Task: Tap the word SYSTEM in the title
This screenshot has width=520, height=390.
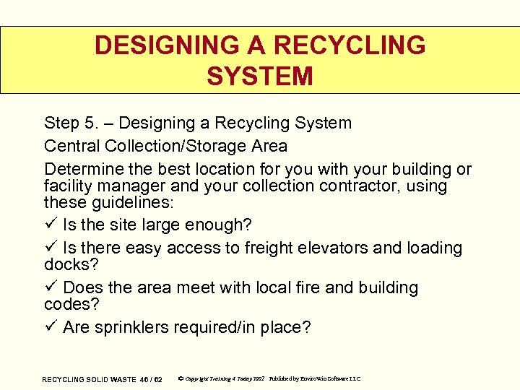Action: [260, 76]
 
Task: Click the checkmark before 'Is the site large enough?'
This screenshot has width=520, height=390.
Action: [50, 225]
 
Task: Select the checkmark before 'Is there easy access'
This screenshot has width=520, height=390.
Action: [50, 248]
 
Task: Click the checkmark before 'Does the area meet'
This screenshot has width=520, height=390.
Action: [50, 287]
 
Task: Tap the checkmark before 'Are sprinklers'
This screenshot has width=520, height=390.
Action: [50, 327]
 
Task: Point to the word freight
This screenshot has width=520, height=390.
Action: [270, 248]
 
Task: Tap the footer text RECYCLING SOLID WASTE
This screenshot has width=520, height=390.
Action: [89, 379]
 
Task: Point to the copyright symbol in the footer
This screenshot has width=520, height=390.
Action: [180, 378]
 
